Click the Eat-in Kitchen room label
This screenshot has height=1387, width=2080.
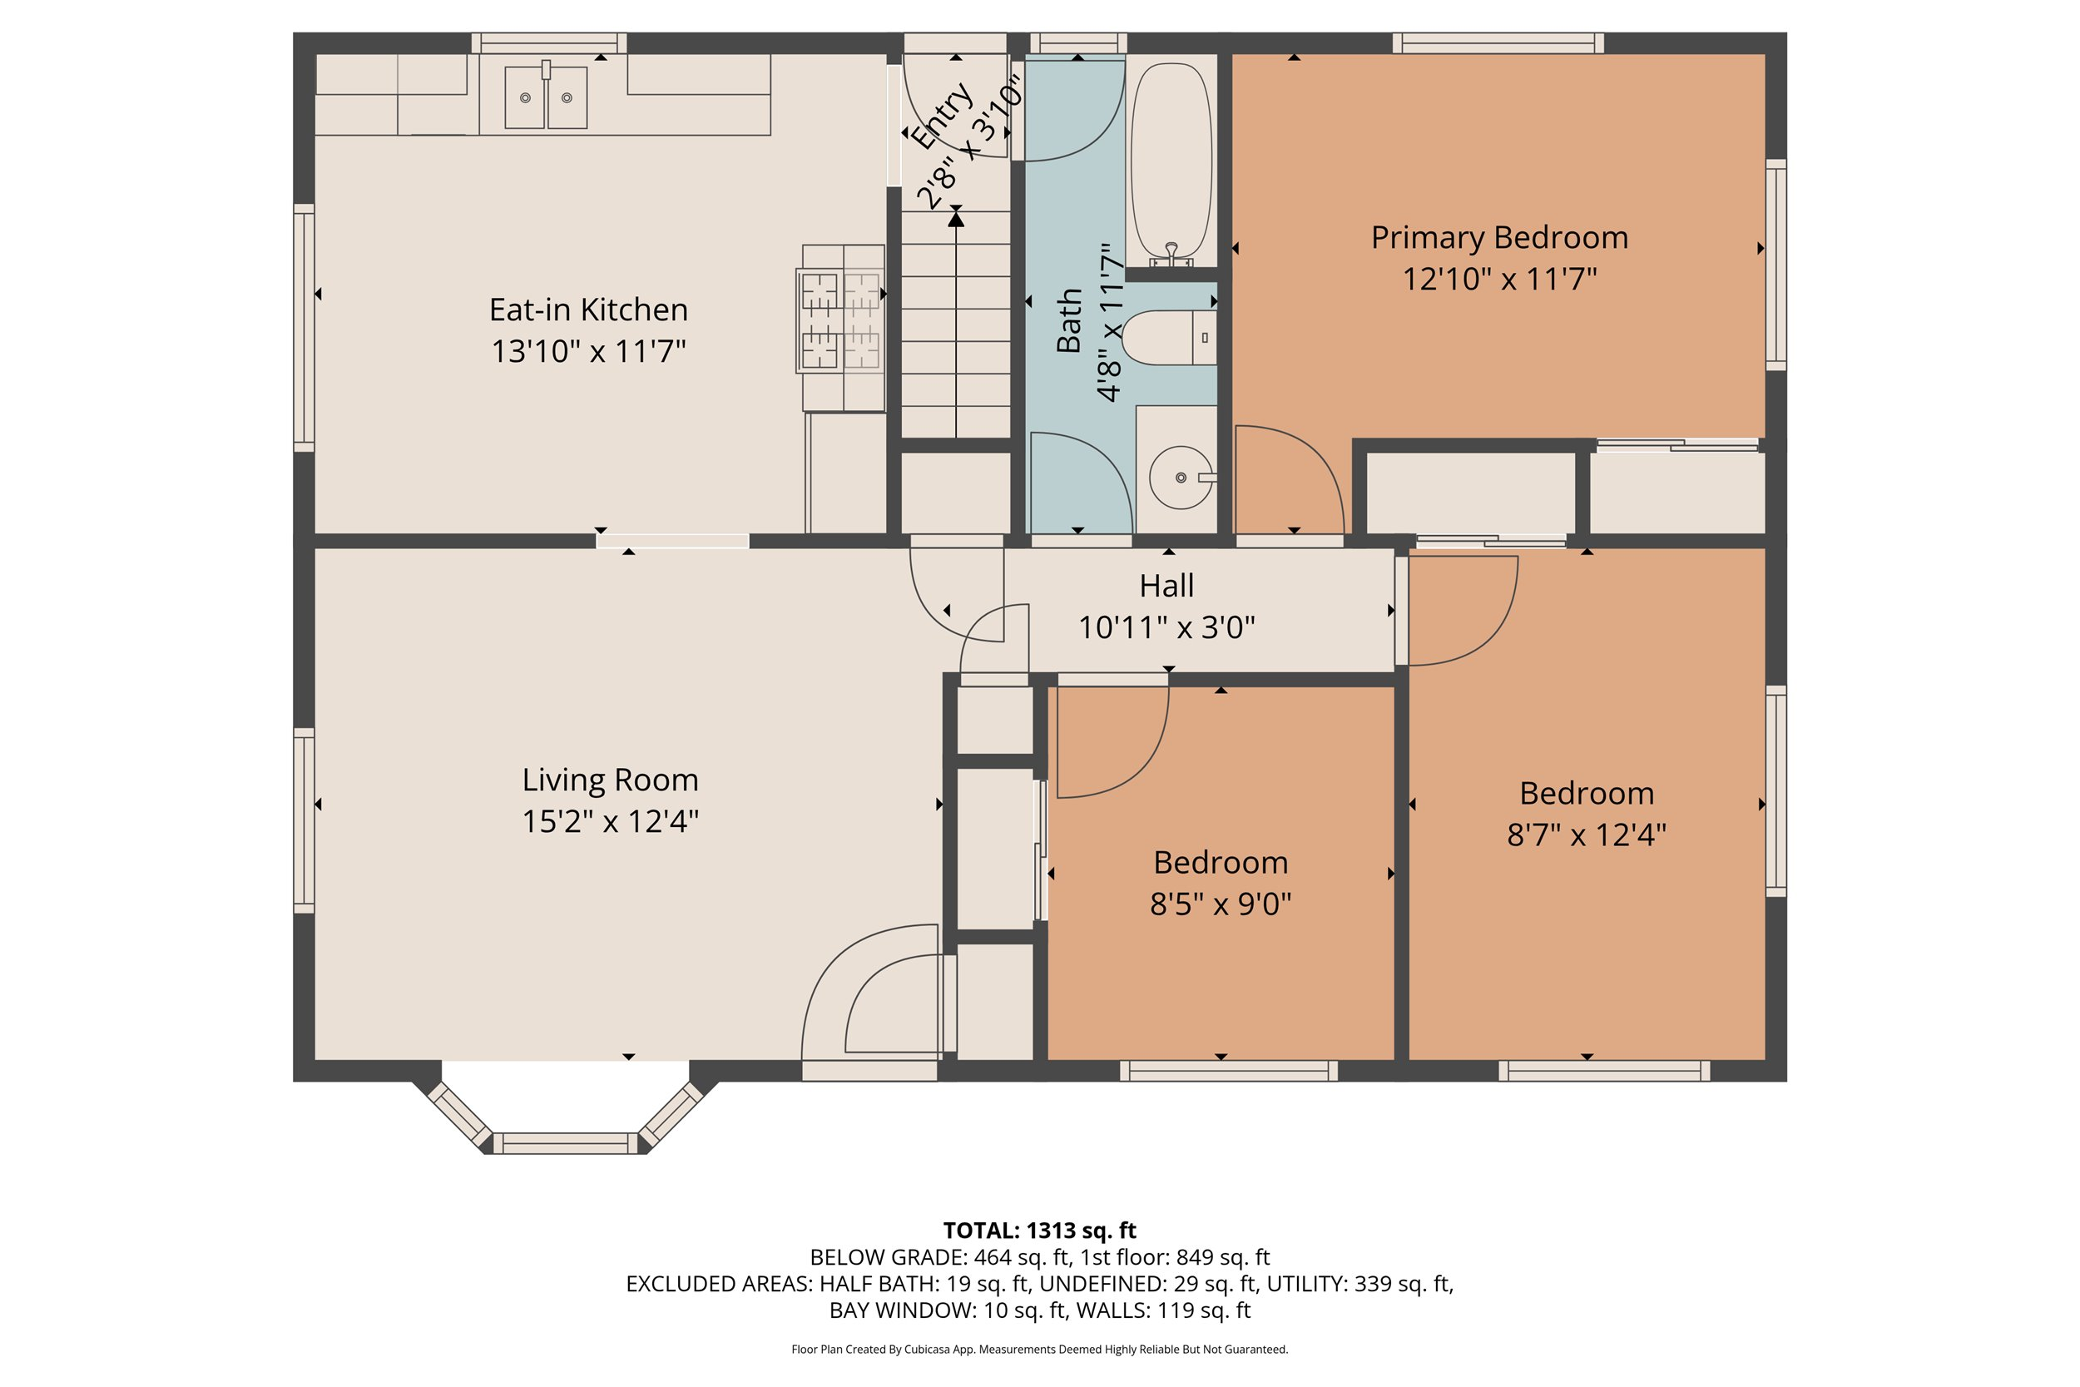(x=588, y=310)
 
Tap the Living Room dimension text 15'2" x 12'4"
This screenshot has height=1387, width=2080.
(x=610, y=822)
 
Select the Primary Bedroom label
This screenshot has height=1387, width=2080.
(x=1499, y=238)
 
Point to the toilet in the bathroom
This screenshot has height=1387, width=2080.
(x=1168, y=338)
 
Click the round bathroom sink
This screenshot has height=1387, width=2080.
(x=1181, y=478)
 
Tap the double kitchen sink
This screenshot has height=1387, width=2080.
(x=546, y=97)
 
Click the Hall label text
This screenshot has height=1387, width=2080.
(x=1166, y=586)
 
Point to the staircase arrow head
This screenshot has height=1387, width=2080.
(x=956, y=218)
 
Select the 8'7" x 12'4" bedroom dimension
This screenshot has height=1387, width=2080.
(x=1587, y=835)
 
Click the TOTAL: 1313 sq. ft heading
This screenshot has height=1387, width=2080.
(x=1040, y=1231)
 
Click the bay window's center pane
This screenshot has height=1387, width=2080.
(x=565, y=1143)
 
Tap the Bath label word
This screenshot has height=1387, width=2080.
(x=1069, y=320)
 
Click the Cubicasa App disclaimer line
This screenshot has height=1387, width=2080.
(x=1040, y=1349)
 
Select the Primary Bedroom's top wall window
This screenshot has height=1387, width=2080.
(x=1498, y=42)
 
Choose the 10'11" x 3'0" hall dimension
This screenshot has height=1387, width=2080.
(x=1166, y=627)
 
